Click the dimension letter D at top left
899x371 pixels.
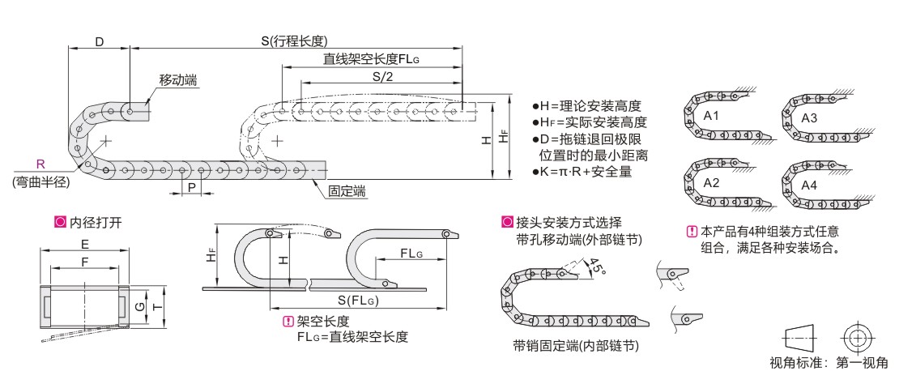(99, 41)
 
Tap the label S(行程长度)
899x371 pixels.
(294, 41)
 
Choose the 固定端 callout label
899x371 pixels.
(347, 191)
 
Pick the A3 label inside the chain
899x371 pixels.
(809, 118)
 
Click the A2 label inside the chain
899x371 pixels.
(712, 183)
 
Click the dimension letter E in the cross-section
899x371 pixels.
(84, 242)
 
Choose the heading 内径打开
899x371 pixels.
(89, 220)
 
